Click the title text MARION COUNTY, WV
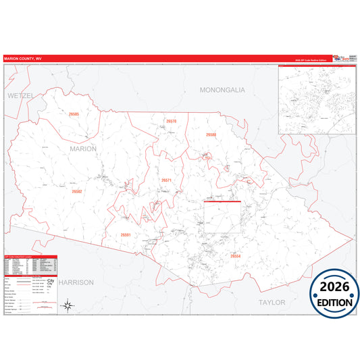click(23, 59)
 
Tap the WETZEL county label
click(20, 96)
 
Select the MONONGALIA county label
click(222, 89)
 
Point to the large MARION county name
click(84, 148)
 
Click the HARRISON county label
click(75, 282)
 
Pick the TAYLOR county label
click(272, 302)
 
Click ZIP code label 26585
click(74, 114)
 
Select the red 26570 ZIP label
click(171, 121)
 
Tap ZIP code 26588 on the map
click(211, 134)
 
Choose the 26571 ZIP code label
click(167, 180)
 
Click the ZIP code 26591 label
click(125, 234)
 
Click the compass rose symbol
click(68, 306)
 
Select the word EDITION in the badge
click(335, 303)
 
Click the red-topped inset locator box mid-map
click(222, 216)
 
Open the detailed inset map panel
click(317, 99)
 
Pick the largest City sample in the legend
click(51, 279)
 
